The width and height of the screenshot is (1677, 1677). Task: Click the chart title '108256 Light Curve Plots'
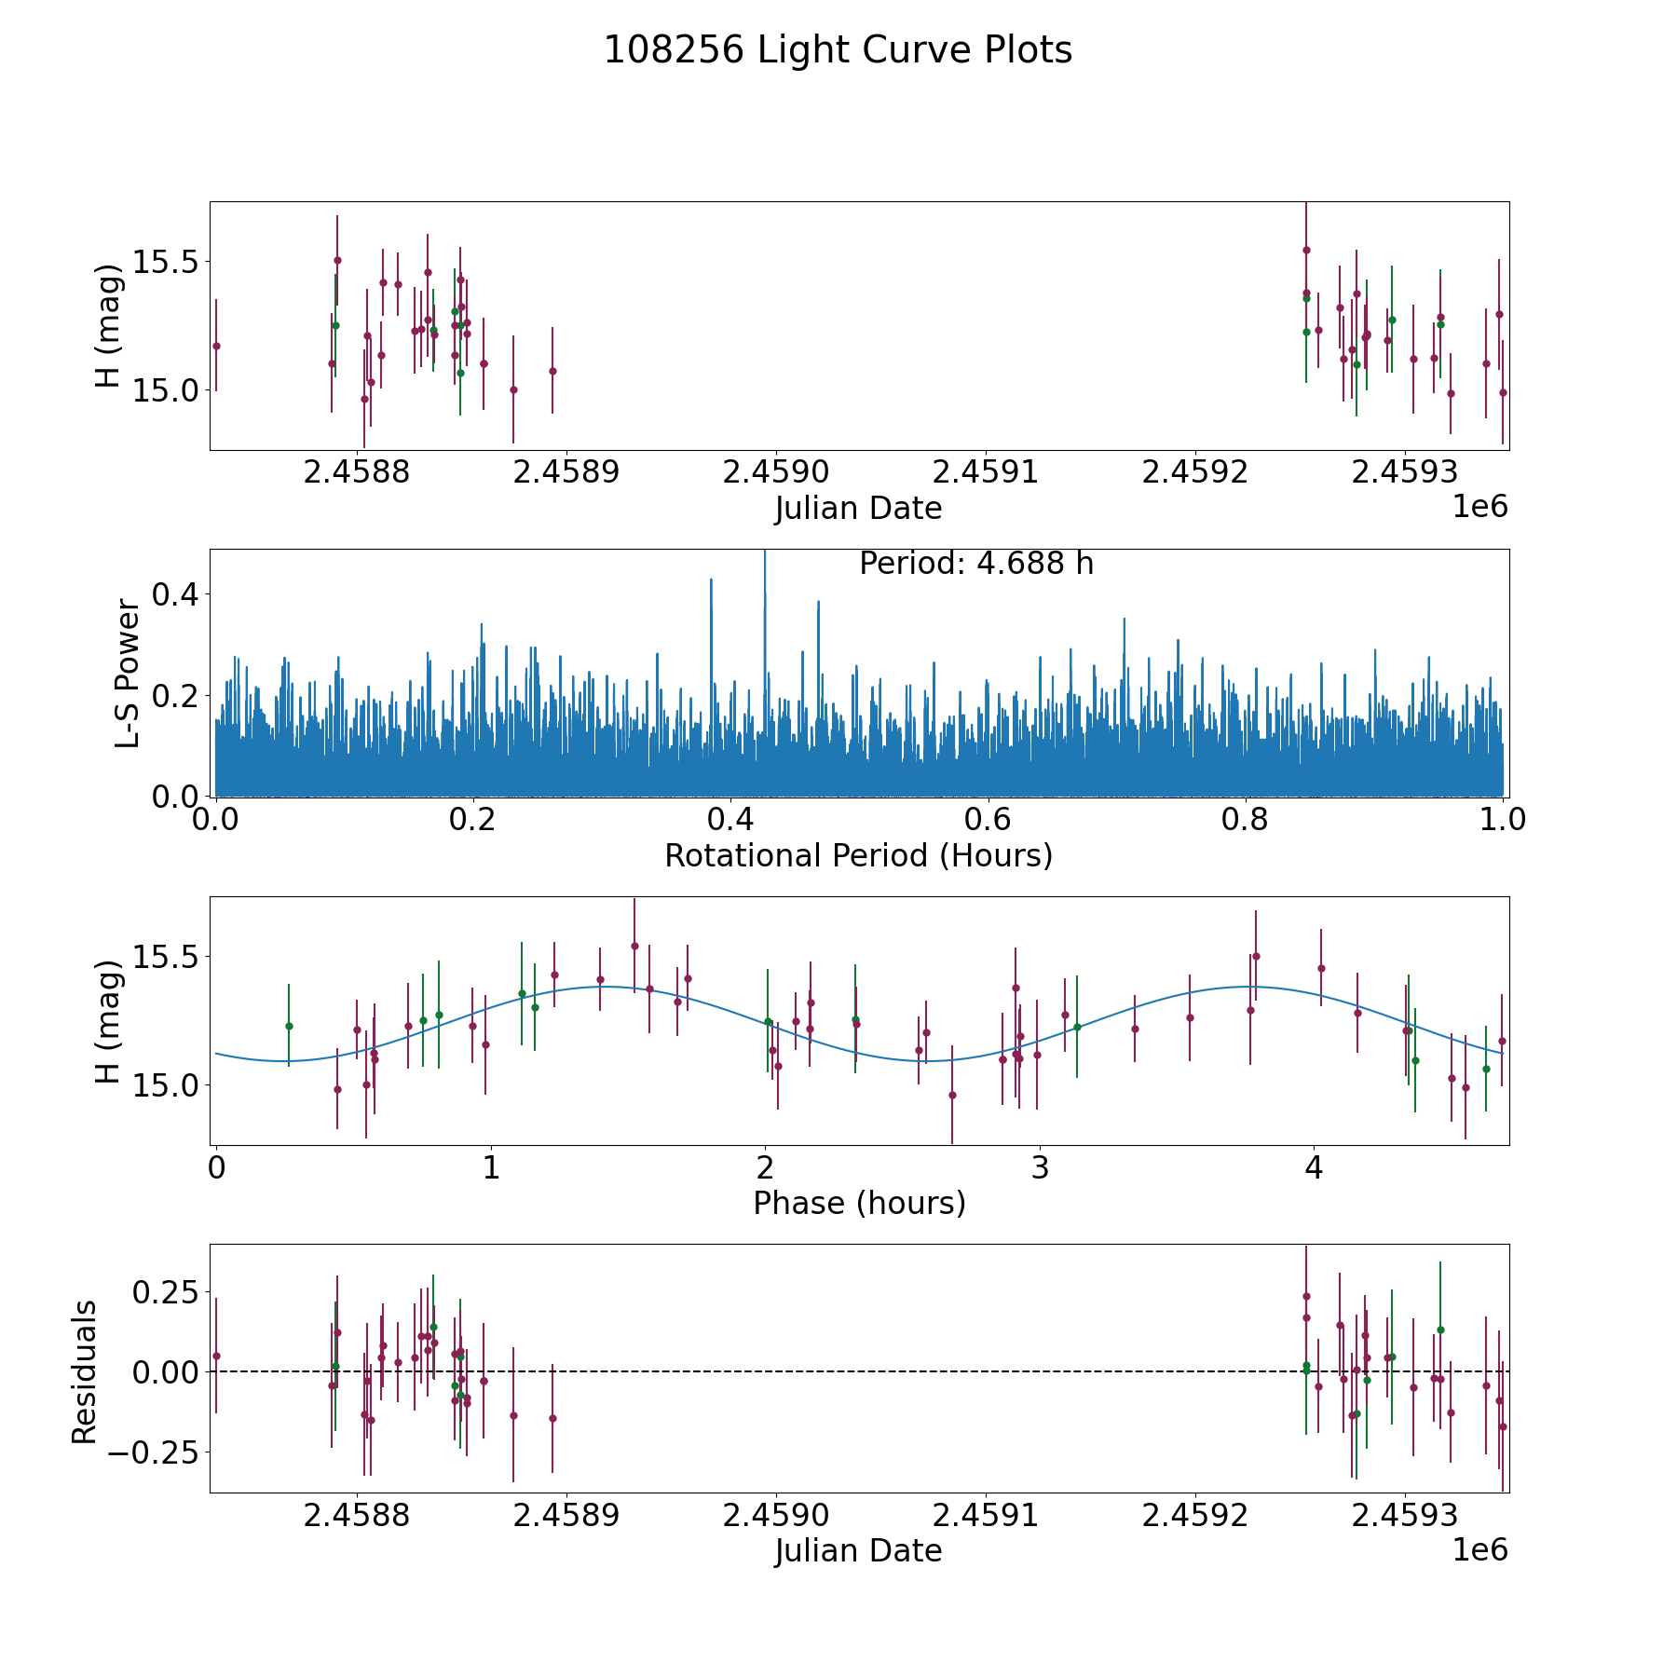pos(838,50)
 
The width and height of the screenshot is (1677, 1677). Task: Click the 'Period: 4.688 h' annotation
pos(975,564)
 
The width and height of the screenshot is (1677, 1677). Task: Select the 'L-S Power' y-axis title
pos(128,673)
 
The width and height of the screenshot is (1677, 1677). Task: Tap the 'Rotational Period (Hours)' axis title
pos(858,855)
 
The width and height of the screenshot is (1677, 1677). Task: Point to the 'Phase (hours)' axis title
pos(858,1203)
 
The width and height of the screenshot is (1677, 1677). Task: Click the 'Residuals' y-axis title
pos(85,1371)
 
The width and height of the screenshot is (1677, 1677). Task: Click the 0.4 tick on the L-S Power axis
pos(176,593)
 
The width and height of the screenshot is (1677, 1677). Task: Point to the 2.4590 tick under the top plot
pos(774,472)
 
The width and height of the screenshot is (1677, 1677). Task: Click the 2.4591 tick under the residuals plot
pos(984,1516)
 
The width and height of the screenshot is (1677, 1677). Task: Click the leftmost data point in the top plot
pos(216,346)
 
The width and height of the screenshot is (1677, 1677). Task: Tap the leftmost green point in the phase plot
pos(289,1026)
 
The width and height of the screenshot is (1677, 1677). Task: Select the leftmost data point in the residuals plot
pos(216,1356)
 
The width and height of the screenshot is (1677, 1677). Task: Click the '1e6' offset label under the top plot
pos(1479,507)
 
